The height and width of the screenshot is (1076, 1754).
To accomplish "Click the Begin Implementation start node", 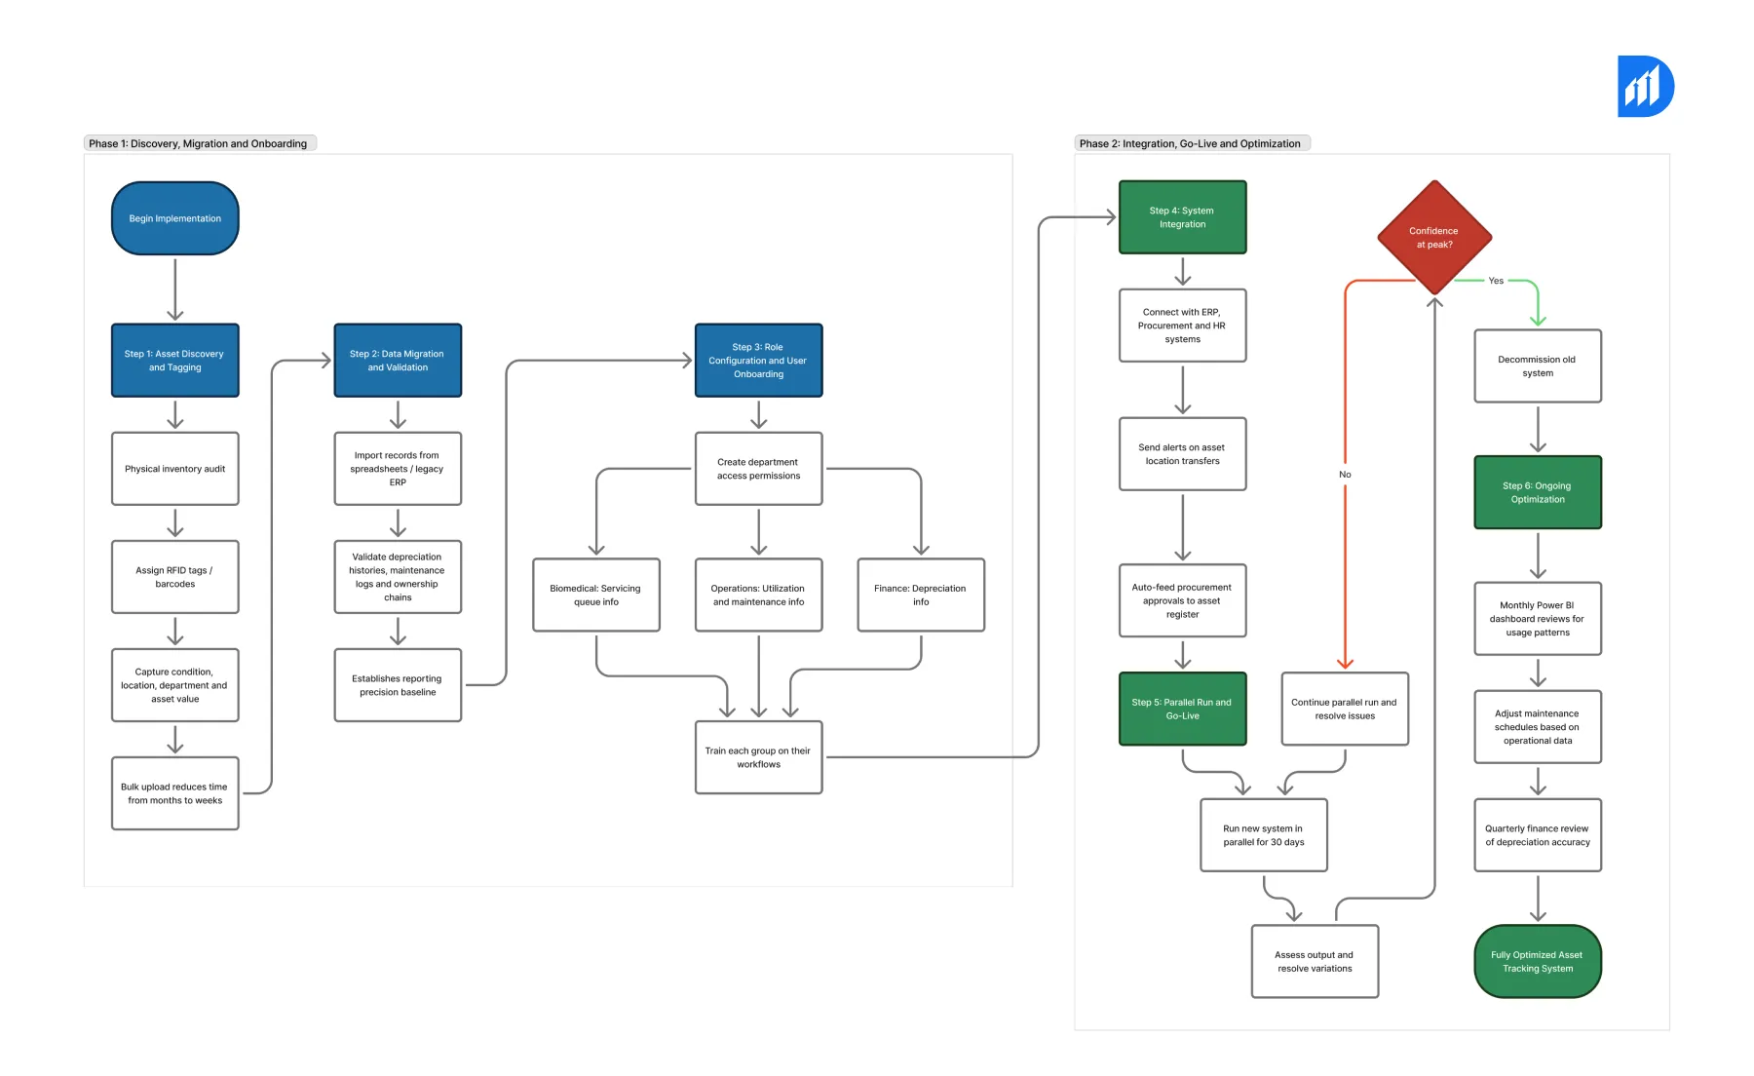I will pos(175,218).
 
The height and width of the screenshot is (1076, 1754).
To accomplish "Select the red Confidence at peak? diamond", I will pos(1434,237).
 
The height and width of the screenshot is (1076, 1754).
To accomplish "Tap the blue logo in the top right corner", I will pos(1645,87).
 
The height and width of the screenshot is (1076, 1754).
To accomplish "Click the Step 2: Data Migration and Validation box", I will pos(398,361).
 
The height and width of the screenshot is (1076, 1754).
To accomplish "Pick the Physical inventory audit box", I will pos(175,469).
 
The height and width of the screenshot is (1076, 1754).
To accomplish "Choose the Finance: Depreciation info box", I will pos(921,595).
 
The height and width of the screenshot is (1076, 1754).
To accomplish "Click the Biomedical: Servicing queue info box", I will pos(596,595).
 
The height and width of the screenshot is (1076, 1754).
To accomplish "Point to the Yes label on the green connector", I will pos(1496,281).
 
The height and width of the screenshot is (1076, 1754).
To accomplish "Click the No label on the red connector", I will pos(1345,475).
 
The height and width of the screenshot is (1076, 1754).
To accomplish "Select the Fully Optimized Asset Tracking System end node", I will pos(1538,961).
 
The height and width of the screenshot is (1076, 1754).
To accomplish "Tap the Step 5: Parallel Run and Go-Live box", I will pos(1182,709).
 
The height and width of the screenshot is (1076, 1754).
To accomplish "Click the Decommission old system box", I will pos(1538,366).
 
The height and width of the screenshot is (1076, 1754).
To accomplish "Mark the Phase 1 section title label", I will pos(199,143).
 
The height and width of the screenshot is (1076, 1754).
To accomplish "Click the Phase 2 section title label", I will pos(1190,143).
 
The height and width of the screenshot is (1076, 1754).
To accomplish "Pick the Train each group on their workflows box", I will pos(758,757).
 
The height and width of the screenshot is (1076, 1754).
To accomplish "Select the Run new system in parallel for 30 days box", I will pos(1264,835).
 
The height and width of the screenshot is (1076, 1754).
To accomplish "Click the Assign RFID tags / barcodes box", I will pos(175,577).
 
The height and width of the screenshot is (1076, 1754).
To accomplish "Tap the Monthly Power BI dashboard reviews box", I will pos(1538,619).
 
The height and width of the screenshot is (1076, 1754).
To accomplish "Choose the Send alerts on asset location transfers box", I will pos(1182,454).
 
